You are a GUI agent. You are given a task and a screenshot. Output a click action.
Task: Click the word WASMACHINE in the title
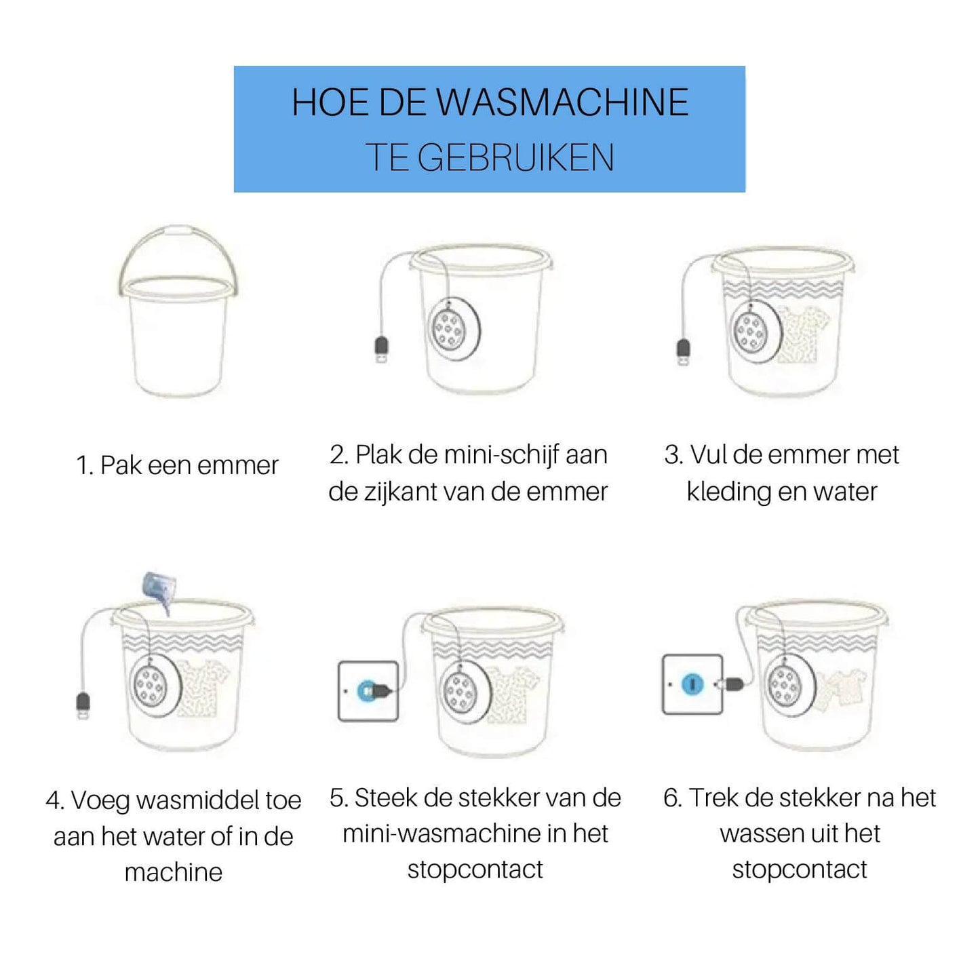click(x=562, y=103)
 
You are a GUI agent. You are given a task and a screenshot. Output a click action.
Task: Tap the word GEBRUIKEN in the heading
click(x=515, y=158)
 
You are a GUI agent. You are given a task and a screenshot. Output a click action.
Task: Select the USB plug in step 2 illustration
click(x=383, y=349)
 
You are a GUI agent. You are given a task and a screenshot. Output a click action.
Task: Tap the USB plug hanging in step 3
click(x=684, y=351)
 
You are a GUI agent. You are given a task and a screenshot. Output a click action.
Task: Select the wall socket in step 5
click(x=368, y=690)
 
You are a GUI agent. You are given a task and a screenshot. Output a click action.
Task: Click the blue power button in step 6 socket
click(x=692, y=684)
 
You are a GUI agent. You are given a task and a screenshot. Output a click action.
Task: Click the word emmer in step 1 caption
click(x=238, y=466)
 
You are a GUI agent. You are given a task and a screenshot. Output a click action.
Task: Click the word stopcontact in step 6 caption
click(x=800, y=869)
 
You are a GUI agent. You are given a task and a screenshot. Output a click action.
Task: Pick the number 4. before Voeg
click(x=55, y=801)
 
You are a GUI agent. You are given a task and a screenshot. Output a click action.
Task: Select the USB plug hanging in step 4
click(x=83, y=705)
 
